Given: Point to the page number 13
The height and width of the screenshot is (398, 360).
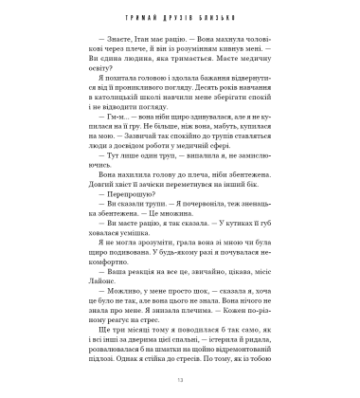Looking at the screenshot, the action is [x=180, y=380].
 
